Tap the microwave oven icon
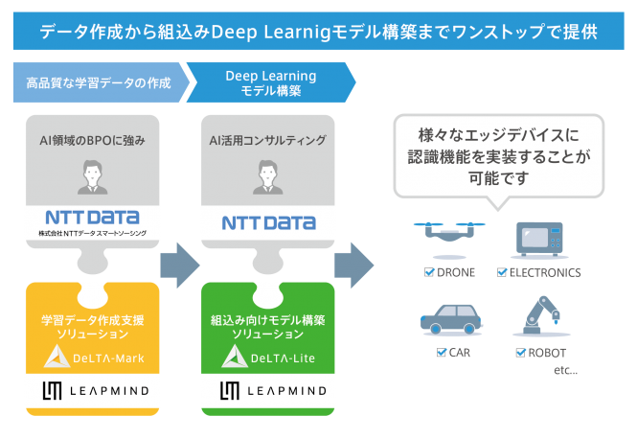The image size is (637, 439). pyautogui.click(x=539, y=239)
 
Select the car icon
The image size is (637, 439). pyautogui.click(x=451, y=319)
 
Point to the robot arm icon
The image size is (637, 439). pyautogui.click(x=541, y=315)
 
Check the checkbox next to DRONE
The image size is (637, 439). pyautogui.click(x=429, y=272)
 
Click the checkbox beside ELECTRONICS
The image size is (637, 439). pyautogui.click(x=502, y=272)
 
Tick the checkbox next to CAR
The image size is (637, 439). pyautogui.click(x=442, y=352)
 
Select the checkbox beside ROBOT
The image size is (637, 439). pyautogui.click(x=520, y=352)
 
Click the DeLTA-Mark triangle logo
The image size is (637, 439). pyautogui.click(x=57, y=357)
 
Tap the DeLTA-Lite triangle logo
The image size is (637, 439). pyautogui.click(x=235, y=357)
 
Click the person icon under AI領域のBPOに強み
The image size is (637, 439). pyautogui.click(x=93, y=177)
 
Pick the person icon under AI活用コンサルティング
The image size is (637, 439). pyautogui.click(x=267, y=177)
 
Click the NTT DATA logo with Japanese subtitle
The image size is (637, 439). pyautogui.click(x=93, y=222)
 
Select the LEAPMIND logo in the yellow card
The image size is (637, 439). pyautogui.click(x=96, y=391)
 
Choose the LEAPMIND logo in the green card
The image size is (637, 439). pyautogui.click(x=273, y=391)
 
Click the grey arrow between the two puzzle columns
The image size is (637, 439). pyautogui.click(x=180, y=266)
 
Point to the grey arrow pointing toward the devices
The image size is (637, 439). pyautogui.click(x=353, y=266)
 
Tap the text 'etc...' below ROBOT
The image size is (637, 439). pyautogui.click(x=565, y=370)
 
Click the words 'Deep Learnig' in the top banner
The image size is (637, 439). pyautogui.click(x=271, y=33)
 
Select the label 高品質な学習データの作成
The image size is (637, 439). pyautogui.click(x=99, y=83)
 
